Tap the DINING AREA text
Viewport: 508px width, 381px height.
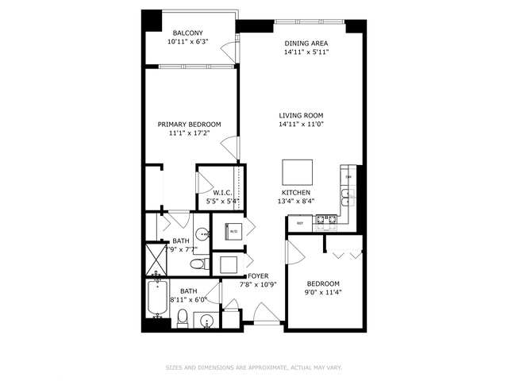coord(306,43)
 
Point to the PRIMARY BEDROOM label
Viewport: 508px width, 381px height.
coord(189,125)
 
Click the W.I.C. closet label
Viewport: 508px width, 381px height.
coord(221,193)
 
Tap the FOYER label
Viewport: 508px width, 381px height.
coord(259,275)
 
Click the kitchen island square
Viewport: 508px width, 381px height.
coord(298,171)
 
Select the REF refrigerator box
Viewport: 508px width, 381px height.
coord(301,223)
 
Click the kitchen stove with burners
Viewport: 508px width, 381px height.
coord(328,221)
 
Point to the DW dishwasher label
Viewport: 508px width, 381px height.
coord(348,177)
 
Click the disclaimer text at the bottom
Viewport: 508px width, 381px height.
coord(253,368)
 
